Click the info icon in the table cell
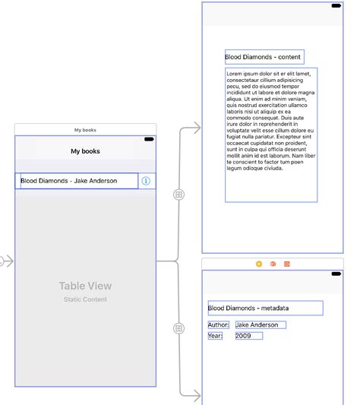(146, 181)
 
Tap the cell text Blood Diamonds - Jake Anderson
(69, 181)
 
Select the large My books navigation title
(85, 151)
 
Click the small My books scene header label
(85, 130)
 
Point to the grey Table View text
(85, 286)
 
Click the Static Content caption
(85, 300)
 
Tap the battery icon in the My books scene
(149, 139)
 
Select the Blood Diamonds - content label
(263, 57)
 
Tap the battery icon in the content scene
(336, 6)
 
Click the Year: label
(215, 336)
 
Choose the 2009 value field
(248, 336)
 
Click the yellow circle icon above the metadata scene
(259, 264)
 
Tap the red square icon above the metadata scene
(286, 264)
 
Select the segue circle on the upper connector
(179, 195)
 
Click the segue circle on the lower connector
(179, 328)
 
